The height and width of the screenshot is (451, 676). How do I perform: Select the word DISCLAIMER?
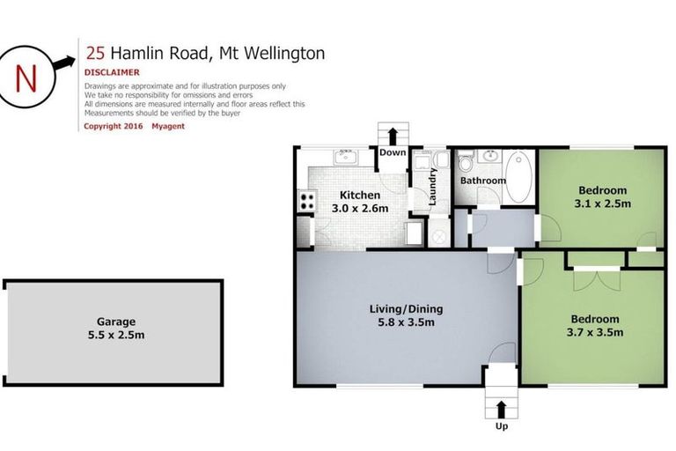[112, 72]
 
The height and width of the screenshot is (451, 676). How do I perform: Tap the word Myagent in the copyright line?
[167, 126]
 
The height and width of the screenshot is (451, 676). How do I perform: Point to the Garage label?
[116, 322]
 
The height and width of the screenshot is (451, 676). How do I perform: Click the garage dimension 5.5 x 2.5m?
[116, 336]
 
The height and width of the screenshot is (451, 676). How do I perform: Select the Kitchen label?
[359, 195]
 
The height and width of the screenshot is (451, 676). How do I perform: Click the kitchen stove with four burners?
[307, 201]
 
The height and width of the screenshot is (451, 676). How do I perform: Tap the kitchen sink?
[344, 159]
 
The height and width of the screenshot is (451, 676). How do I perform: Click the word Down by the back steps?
[393, 152]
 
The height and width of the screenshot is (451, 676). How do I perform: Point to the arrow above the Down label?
[393, 135]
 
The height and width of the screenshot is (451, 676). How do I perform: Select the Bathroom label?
[483, 181]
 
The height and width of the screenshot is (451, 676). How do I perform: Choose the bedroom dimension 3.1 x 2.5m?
[602, 203]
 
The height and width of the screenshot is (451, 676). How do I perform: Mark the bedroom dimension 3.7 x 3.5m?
[596, 332]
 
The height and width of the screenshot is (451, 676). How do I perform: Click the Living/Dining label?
[406, 309]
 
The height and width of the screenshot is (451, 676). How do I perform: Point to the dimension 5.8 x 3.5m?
[406, 322]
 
